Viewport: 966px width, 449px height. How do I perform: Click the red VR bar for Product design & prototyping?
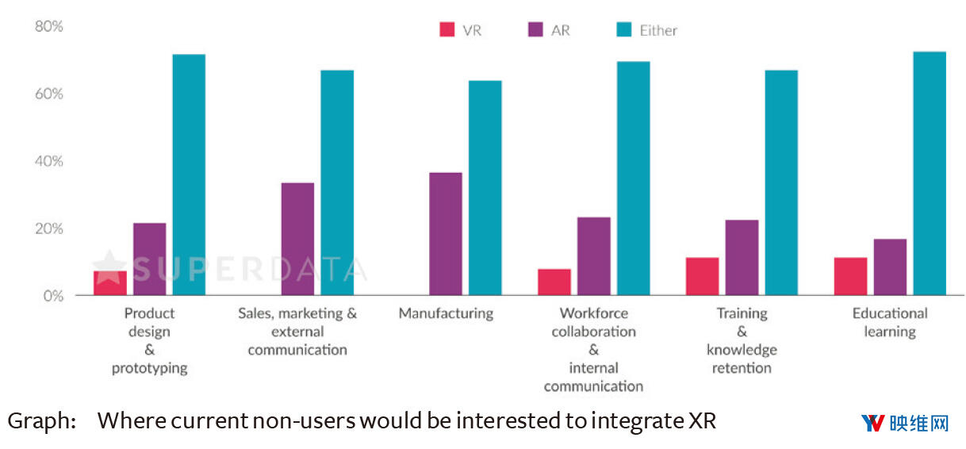pos(110,283)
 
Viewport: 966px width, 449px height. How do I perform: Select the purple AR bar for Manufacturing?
pos(445,234)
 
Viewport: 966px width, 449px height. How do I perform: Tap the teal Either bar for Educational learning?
pos(930,174)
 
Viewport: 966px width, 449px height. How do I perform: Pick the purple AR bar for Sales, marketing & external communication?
pos(297,239)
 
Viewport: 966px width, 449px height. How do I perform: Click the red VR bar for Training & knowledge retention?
pos(702,276)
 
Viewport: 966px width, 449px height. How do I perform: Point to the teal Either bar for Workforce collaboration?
pos(633,178)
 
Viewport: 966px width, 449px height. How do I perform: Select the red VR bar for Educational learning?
pos(850,276)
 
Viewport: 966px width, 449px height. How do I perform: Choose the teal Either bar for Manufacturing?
pos(485,188)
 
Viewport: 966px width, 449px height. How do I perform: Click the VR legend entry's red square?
pos(447,30)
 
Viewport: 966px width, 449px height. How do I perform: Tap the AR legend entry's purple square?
pos(535,30)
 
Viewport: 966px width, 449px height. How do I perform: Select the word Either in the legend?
pos(658,31)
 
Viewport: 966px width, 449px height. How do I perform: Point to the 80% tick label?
pos(48,26)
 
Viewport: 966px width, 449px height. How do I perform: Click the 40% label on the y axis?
pos(48,161)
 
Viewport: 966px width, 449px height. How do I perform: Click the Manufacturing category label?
pos(446,313)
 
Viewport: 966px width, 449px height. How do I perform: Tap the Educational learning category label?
pos(889,322)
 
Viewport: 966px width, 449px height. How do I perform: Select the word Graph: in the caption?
pos(41,421)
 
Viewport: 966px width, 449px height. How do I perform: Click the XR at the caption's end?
pos(701,421)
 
